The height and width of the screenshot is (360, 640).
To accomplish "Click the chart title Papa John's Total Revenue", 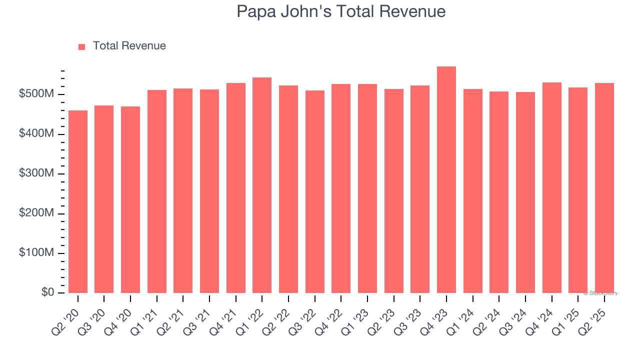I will coord(341,11).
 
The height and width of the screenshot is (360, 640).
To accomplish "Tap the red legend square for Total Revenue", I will coord(82,46).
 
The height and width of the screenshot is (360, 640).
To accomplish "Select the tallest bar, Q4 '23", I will coord(446,180).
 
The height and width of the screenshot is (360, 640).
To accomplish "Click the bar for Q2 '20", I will coord(78,201).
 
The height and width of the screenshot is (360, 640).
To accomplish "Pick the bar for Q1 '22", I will coord(262,185).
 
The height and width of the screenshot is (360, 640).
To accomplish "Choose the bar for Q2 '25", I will coord(604,188).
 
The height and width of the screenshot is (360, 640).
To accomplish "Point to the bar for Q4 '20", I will coord(130,199).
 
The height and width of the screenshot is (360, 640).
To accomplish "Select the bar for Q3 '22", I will coord(315,191).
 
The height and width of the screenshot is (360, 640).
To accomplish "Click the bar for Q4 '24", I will coord(552,187).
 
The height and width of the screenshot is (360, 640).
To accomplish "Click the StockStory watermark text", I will coord(600,293).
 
